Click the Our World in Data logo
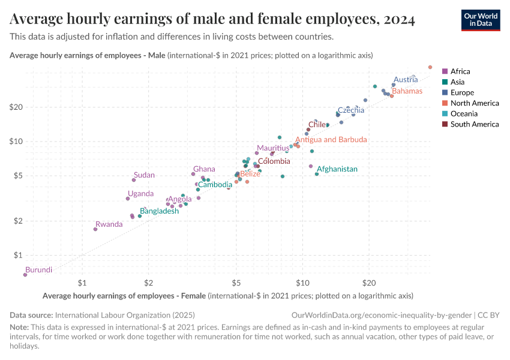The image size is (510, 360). pyautogui.click(x=480, y=20)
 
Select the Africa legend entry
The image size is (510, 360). pyautogui.click(x=460, y=71)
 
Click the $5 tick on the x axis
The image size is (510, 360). pyautogui.click(x=236, y=282)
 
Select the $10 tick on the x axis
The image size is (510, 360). pyautogui.click(x=302, y=282)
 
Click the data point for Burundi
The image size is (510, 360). pyautogui.click(x=25, y=275)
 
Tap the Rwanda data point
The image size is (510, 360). pyautogui.click(x=95, y=229)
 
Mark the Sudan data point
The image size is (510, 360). pyautogui.click(x=134, y=180)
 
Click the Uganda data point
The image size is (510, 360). pyautogui.click(x=128, y=199)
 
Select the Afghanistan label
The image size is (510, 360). pyautogui.click(x=337, y=169)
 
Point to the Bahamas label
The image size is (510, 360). pyautogui.click(x=407, y=91)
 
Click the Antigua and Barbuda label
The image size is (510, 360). pyautogui.click(x=331, y=139)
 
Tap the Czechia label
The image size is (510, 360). pyautogui.click(x=350, y=110)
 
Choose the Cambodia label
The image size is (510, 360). pyautogui.click(x=215, y=184)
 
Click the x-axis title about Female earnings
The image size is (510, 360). pyautogui.click(x=228, y=296)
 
